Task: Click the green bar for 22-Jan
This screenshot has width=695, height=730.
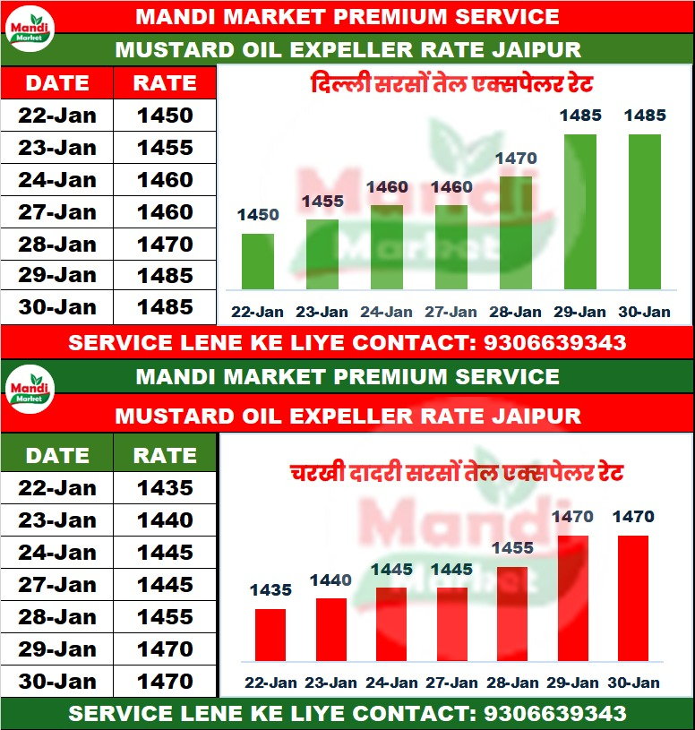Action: point(258,262)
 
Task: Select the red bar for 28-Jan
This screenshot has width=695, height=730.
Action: point(511,618)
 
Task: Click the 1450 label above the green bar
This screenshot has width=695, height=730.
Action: point(258,215)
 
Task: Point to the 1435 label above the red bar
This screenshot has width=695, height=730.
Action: point(270,589)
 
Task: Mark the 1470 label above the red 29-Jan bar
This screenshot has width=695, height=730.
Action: point(572,516)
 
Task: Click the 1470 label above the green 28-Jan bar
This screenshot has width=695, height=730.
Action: point(515,159)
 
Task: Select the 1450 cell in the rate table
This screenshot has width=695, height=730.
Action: point(165,116)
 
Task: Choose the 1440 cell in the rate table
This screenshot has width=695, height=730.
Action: point(165,520)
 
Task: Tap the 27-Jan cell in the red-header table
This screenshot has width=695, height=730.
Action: point(56,212)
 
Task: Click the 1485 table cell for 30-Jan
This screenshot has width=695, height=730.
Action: point(165,307)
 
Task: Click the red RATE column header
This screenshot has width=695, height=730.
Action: point(165,83)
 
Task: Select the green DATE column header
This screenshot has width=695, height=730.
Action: point(56,455)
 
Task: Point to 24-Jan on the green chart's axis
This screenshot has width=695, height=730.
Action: point(386,312)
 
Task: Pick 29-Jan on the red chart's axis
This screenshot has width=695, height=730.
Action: point(572,683)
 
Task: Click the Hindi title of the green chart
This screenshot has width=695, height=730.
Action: point(452,87)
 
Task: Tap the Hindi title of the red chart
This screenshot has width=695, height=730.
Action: point(456,472)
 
